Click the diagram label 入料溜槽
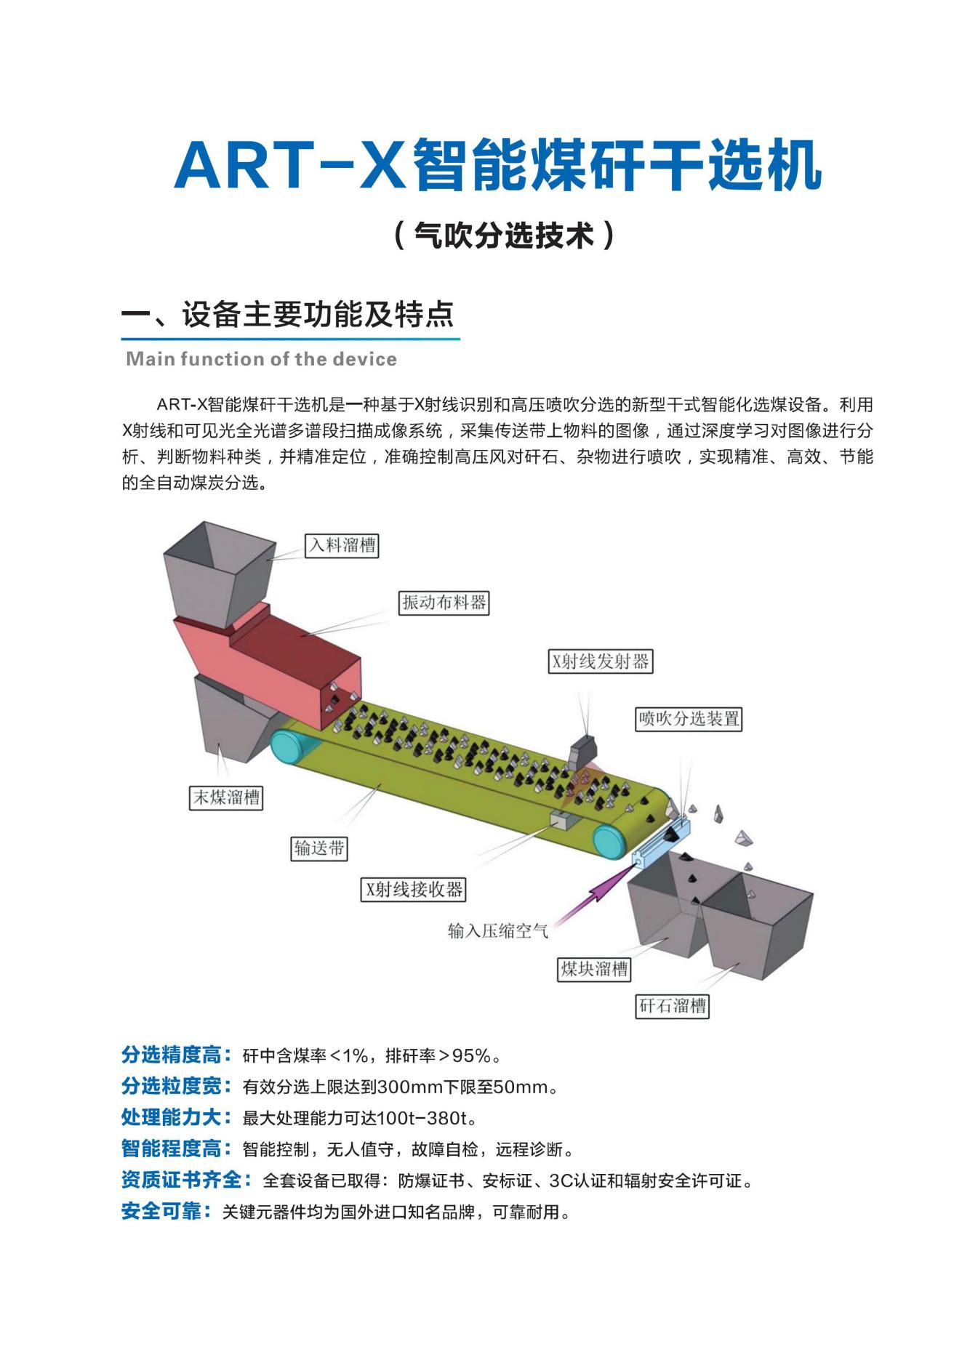pyautogui.click(x=342, y=545)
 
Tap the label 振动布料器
pyautogui.click(x=444, y=603)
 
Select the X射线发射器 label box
pyautogui.click(x=600, y=661)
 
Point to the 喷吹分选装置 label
pyautogui.click(x=689, y=719)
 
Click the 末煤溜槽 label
pyautogui.click(x=225, y=797)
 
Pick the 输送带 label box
pyautogui.click(x=320, y=848)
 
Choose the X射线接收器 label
pyautogui.click(x=413, y=890)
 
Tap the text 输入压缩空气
pyautogui.click(x=498, y=930)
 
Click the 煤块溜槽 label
pyautogui.click(x=594, y=969)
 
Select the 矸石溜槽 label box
pyautogui.click(x=672, y=1006)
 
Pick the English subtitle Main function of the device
pyautogui.click(x=261, y=359)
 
